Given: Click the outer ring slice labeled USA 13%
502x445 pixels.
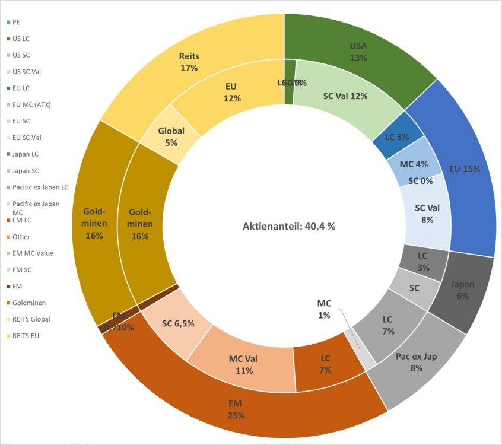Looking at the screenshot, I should [x=358, y=52].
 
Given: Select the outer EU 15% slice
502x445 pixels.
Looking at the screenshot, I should [x=464, y=169].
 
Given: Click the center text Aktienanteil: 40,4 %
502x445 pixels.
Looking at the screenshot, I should [x=289, y=226].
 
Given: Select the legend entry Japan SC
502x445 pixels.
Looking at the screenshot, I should [x=27, y=171].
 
